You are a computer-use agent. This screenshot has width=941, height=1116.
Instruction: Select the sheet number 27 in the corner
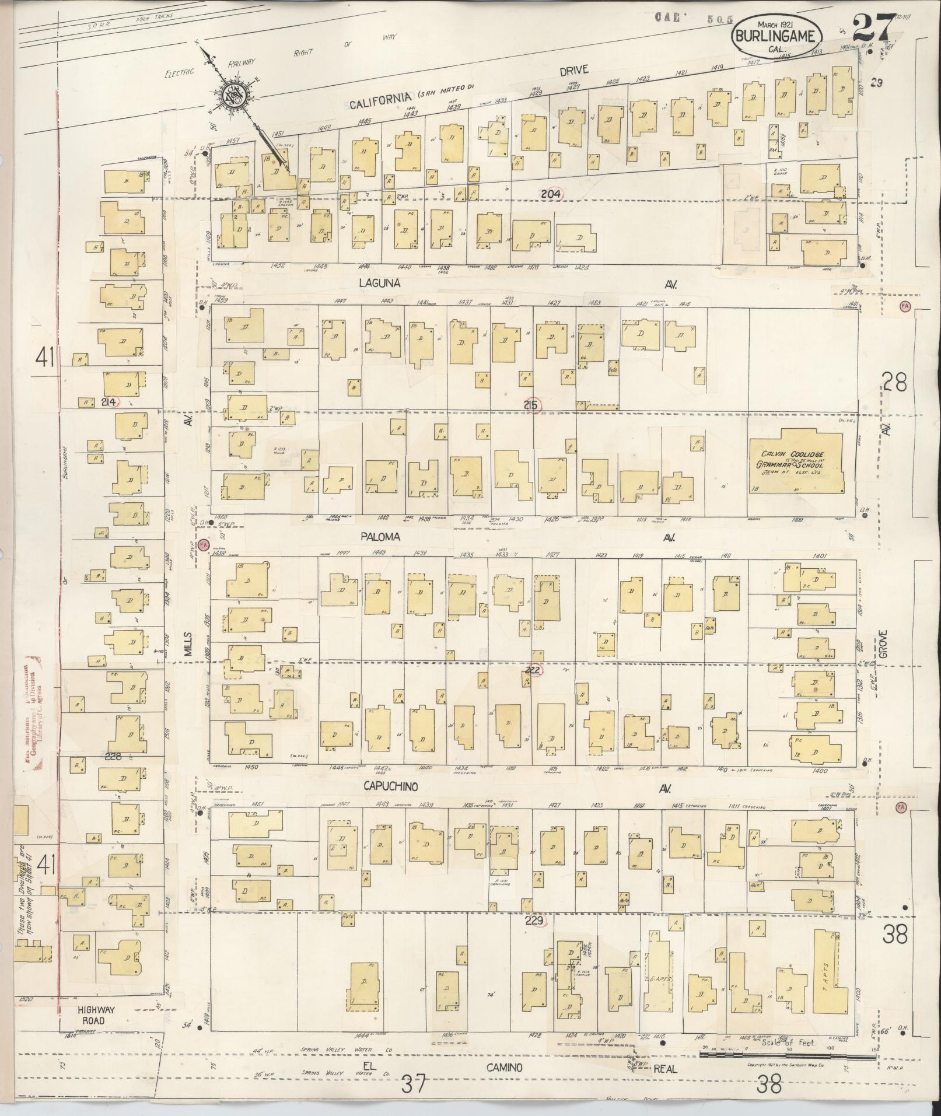[873, 26]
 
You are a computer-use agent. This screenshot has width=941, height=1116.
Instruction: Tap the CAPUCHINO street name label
[391, 787]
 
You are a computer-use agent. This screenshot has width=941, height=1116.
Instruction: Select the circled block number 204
[551, 194]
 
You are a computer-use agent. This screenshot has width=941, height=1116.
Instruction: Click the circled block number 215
[533, 404]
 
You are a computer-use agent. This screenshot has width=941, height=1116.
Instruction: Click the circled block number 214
[108, 402]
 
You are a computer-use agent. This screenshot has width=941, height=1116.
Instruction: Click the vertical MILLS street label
[188, 646]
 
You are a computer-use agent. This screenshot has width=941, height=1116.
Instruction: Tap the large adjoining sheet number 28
[894, 383]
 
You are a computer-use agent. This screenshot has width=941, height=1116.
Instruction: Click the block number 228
[113, 757]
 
